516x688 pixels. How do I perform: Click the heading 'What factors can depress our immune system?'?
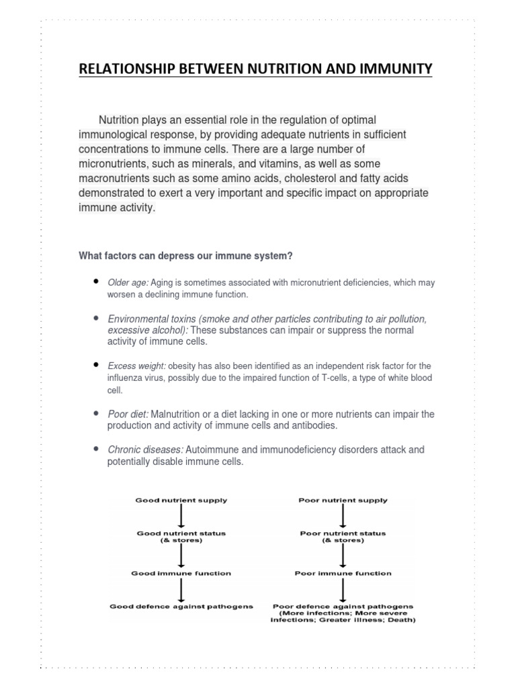(185, 255)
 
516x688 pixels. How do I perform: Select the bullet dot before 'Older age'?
(97, 282)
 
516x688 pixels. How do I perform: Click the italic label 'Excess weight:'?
(136, 366)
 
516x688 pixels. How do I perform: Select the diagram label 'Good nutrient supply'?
(181, 501)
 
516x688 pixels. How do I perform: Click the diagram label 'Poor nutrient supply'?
(343, 501)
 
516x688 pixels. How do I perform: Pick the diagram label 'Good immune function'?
(181, 573)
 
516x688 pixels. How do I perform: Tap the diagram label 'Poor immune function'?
(343, 573)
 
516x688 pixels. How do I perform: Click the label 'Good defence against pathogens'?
(181, 606)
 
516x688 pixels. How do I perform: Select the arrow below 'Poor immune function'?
(343, 589)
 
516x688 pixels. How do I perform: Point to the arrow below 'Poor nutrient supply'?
(343, 516)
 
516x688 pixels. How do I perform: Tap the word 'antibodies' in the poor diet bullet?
(315, 426)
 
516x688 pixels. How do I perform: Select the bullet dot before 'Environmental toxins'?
(97, 317)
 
